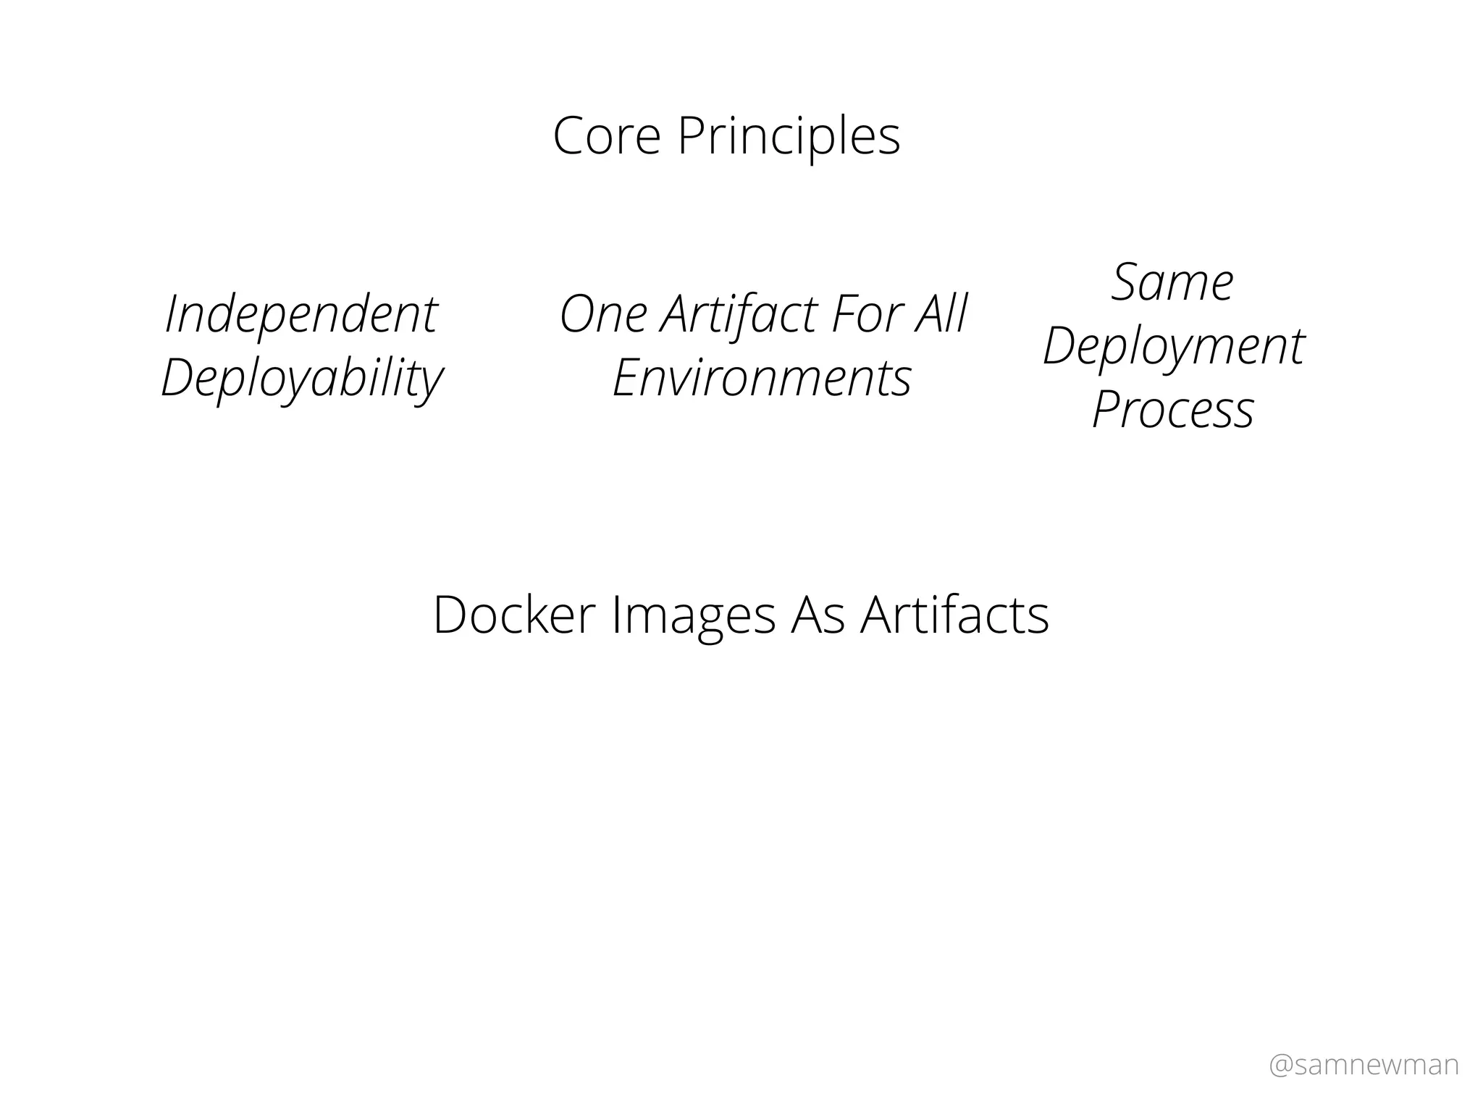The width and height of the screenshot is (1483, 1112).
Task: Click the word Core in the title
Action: (x=607, y=136)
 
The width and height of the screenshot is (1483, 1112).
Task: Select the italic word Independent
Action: (x=301, y=315)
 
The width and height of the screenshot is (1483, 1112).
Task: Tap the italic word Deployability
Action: (x=301, y=379)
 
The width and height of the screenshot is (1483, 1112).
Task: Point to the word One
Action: (x=603, y=315)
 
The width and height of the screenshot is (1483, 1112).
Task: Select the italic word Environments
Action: (x=762, y=379)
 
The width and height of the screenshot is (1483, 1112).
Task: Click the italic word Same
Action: (x=1172, y=282)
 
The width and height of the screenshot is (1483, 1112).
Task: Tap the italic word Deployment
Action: (x=1173, y=347)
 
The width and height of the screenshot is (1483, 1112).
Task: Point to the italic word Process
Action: (x=1172, y=410)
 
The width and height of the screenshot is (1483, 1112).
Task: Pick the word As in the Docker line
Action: (x=818, y=615)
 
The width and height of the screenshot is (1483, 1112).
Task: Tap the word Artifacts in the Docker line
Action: (x=954, y=615)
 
